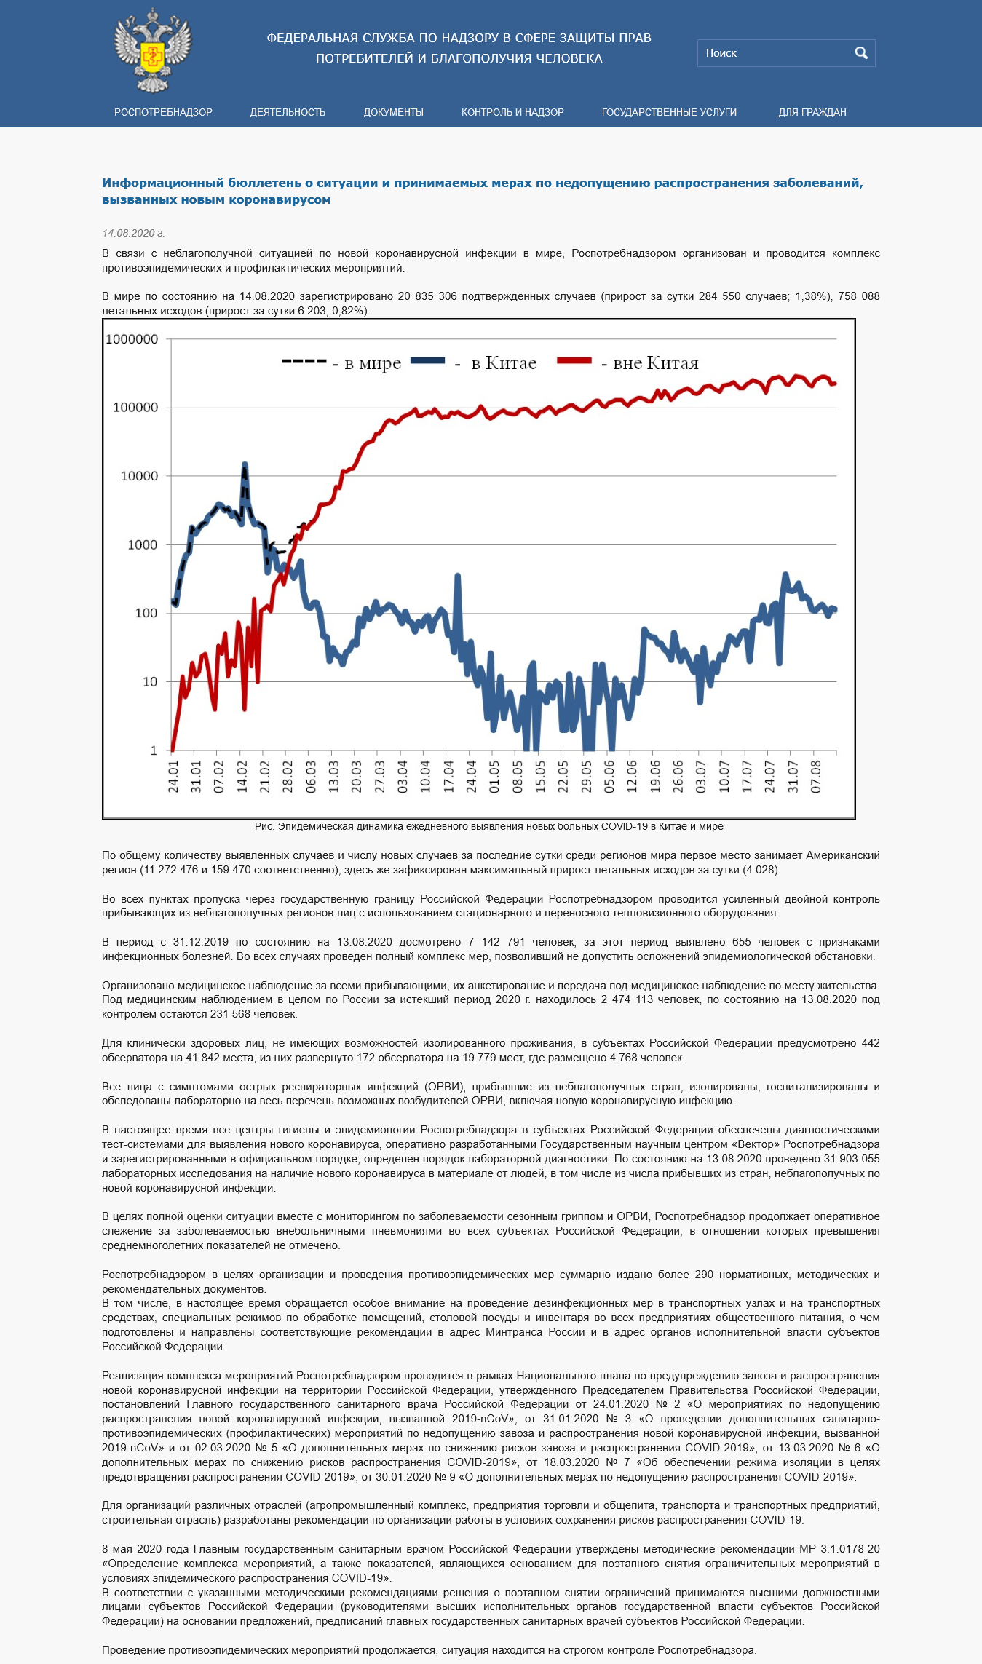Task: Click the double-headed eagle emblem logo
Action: pos(152,50)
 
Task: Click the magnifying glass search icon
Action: pos(861,52)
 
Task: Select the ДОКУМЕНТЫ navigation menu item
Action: pos(393,112)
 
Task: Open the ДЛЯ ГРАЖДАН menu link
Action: pos(812,112)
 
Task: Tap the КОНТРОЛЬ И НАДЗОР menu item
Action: pos(512,112)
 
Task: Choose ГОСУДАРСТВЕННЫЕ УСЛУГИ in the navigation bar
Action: pos(669,112)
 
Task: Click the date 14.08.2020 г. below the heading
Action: pos(133,233)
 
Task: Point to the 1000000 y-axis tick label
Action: pos(132,339)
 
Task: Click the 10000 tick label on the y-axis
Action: pos(139,476)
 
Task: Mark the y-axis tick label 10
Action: pos(150,682)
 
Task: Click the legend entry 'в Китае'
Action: pos(504,362)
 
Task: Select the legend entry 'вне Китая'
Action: pos(656,362)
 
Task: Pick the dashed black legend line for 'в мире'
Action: pos(304,361)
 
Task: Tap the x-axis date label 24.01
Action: pos(173,777)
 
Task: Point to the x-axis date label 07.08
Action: pos(816,777)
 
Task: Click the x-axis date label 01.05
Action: pos(494,777)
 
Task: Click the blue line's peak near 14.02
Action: pos(245,464)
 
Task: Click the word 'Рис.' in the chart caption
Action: pos(264,826)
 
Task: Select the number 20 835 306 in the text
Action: pos(427,296)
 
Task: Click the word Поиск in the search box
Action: pos(721,53)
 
